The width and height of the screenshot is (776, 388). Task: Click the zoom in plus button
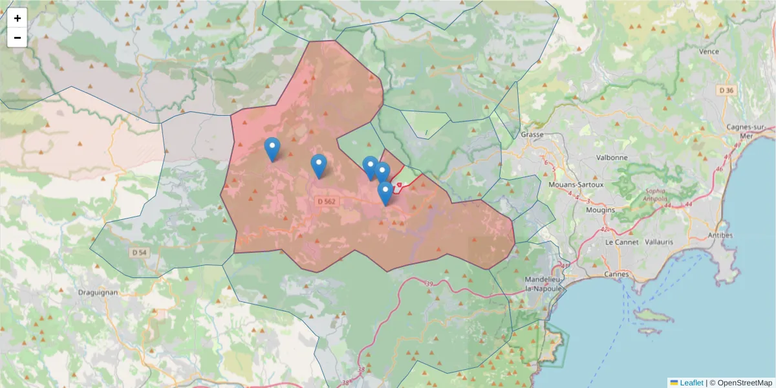(x=17, y=18)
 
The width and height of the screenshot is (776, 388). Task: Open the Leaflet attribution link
(x=691, y=383)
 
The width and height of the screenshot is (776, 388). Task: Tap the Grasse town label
(x=532, y=135)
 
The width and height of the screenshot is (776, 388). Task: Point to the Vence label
(x=709, y=52)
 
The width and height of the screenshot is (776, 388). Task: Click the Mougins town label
(x=599, y=210)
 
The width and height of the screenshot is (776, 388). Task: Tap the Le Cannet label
(x=621, y=241)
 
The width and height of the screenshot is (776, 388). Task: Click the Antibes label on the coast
(x=720, y=235)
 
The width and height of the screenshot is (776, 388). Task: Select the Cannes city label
(x=617, y=274)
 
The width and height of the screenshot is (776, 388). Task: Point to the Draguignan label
(x=98, y=292)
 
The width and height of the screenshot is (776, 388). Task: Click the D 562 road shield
(x=327, y=202)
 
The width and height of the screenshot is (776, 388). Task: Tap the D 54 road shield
(x=138, y=252)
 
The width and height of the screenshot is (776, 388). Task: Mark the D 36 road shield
(x=726, y=91)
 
